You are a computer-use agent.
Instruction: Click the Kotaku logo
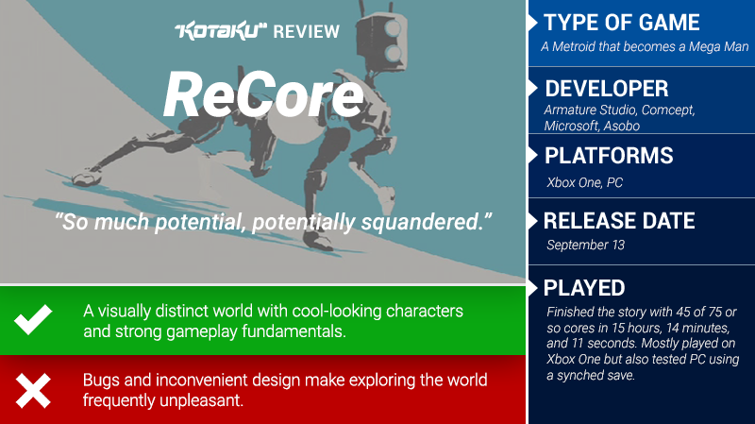(x=221, y=31)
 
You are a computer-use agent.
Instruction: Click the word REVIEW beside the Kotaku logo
(x=306, y=32)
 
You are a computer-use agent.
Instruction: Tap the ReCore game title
(x=263, y=94)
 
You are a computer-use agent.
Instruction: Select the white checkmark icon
(x=33, y=319)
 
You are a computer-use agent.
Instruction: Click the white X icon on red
(x=33, y=391)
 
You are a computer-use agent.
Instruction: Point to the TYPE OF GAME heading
(x=622, y=23)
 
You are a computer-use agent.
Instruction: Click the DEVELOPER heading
(x=607, y=89)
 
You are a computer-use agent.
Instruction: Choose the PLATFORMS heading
(x=609, y=156)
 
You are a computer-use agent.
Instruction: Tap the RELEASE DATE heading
(x=619, y=221)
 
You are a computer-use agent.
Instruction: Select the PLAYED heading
(x=584, y=288)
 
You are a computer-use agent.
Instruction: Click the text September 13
(x=585, y=246)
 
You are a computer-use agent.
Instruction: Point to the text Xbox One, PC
(x=584, y=182)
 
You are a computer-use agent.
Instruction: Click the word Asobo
(x=622, y=127)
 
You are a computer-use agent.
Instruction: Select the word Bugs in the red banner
(x=101, y=381)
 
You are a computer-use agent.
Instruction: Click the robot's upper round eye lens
(x=393, y=29)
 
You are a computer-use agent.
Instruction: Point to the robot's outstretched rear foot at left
(x=87, y=178)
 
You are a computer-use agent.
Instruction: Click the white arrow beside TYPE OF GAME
(x=532, y=23)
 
